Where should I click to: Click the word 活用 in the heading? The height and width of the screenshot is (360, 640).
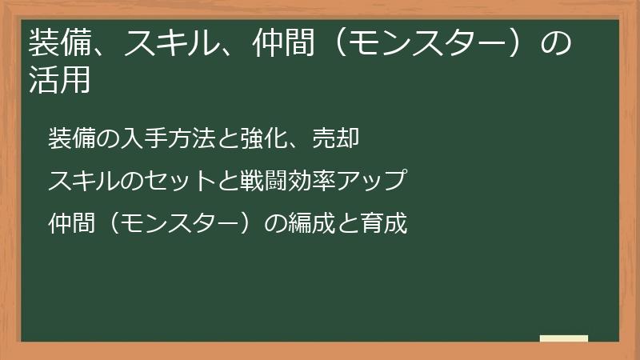pos(58,80)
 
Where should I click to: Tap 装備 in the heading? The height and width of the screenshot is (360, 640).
pos(58,43)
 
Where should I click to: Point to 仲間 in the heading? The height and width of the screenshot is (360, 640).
pos(277,43)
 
